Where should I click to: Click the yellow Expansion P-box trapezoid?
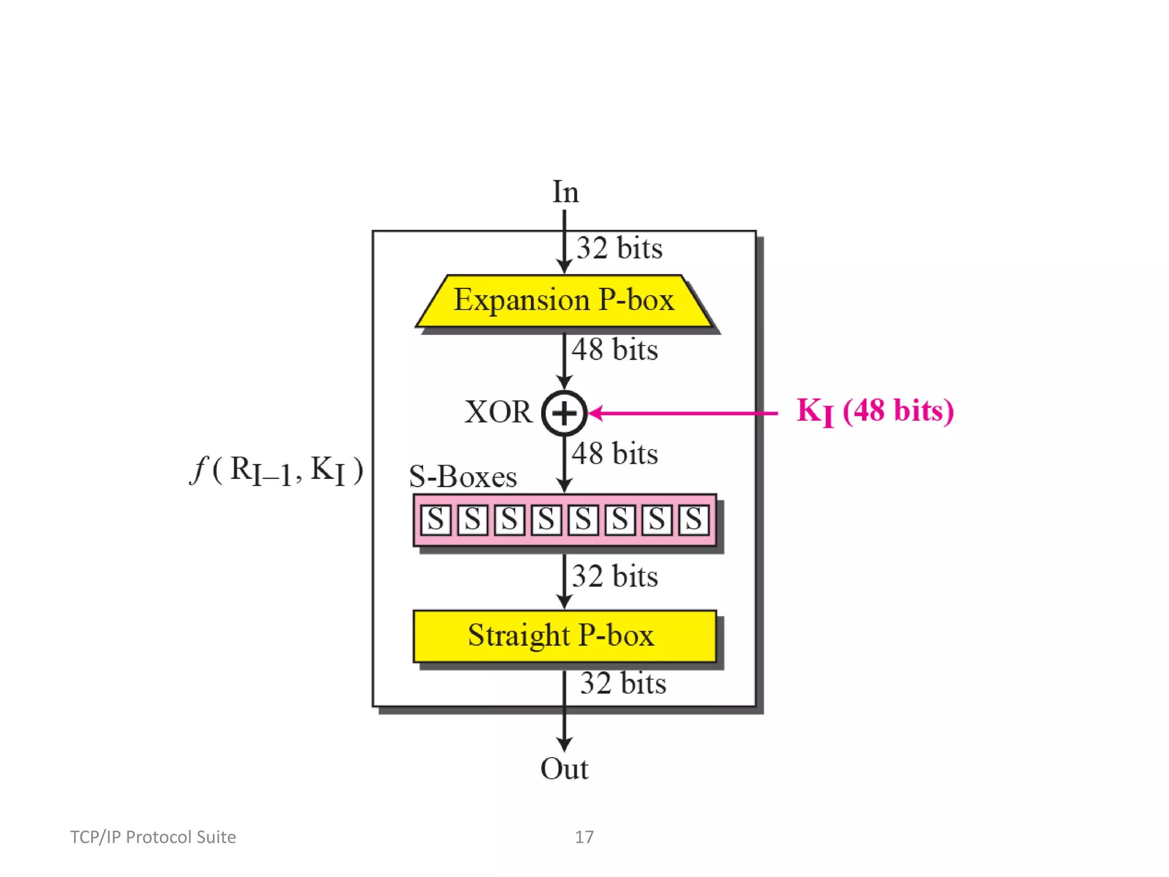(564, 300)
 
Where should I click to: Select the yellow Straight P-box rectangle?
(564, 635)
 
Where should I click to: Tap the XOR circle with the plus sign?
(564, 413)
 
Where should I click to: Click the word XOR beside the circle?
(498, 412)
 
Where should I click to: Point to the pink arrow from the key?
(685, 413)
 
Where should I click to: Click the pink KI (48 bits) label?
(874, 411)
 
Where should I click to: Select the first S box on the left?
(436, 520)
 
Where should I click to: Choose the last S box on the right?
(694, 520)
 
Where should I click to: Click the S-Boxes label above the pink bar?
(463, 477)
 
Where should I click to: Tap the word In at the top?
(565, 192)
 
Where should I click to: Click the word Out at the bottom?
(564, 769)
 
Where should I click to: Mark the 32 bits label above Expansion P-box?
(619, 248)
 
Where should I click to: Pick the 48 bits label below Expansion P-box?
(615, 349)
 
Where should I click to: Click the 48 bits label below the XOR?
(615, 454)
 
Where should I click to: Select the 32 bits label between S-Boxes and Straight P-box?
(615, 576)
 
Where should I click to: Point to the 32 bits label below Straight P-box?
(623, 683)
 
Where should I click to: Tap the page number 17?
(584, 837)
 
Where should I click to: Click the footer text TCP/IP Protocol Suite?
(153, 837)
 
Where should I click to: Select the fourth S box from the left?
(546, 520)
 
